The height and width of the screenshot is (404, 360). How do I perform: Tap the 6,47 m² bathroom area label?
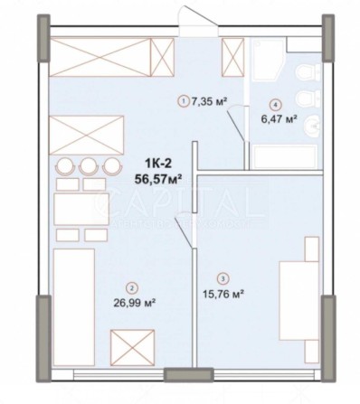point(281,117)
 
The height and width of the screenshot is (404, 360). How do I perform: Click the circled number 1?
point(184,101)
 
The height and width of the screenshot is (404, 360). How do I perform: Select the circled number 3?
point(221,278)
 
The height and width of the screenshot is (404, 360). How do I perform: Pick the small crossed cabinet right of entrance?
point(233,55)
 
